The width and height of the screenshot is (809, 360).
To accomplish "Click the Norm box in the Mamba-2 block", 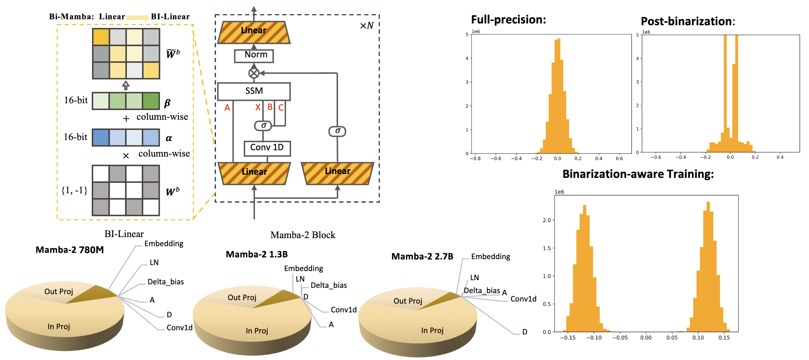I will tap(254, 55).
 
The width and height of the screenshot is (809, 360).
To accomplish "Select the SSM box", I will tap(254, 91).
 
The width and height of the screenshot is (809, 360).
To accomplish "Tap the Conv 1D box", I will tap(267, 148).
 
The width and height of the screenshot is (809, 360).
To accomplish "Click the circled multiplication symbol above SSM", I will tap(254, 73).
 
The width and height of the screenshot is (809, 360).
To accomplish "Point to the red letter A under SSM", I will tap(227, 108).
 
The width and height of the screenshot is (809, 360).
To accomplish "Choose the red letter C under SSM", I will tap(281, 108).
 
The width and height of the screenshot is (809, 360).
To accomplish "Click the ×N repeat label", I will tap(367, 26).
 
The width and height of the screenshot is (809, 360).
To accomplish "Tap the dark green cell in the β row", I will tap(151, 101).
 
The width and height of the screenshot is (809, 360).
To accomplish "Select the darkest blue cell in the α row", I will tap(101, 138).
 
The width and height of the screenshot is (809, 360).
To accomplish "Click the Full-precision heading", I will tap(509, 20).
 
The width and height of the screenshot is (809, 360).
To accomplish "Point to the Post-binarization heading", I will tap(688, 21).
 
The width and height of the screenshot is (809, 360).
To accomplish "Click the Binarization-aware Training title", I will tap(638, 174).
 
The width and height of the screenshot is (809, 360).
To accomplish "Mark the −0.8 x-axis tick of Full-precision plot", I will tap(475, 159).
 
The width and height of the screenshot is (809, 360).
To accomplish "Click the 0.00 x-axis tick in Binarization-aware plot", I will tap(646, 338).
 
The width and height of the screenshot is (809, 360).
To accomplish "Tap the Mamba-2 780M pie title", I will tap(70, 250).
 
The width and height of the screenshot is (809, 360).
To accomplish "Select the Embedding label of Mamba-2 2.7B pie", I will tap(490, 257).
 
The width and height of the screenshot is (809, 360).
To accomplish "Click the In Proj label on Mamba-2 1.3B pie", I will tap(257, 331).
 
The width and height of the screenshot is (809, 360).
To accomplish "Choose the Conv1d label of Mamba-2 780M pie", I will tap(179, 328).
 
